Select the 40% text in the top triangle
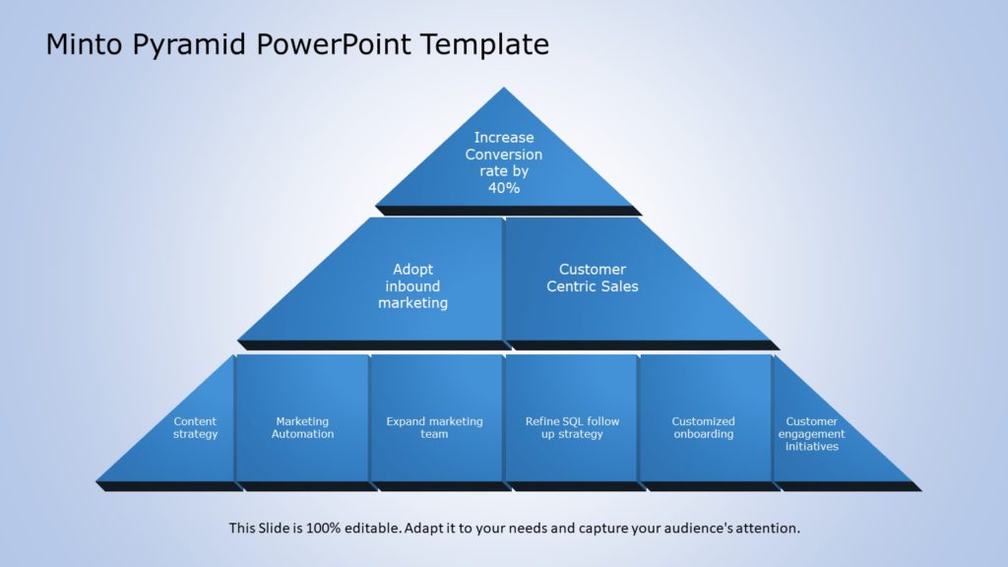(x=504, y=188)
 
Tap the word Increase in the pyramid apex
(x=504, y=138)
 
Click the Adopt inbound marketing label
(x=413, y=286)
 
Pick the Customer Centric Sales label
(x=593, y=278)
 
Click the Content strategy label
(x=196, y=428)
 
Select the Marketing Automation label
(x=303, y=428)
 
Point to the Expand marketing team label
(x=435, y=428)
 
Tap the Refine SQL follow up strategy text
(x=572, y=428)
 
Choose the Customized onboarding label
(x=704, y=428)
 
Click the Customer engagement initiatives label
(x=812, y=434)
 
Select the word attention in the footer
(x=769, y=529)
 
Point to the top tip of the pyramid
(x=504, y=90)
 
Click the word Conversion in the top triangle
(x=504, y=155)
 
